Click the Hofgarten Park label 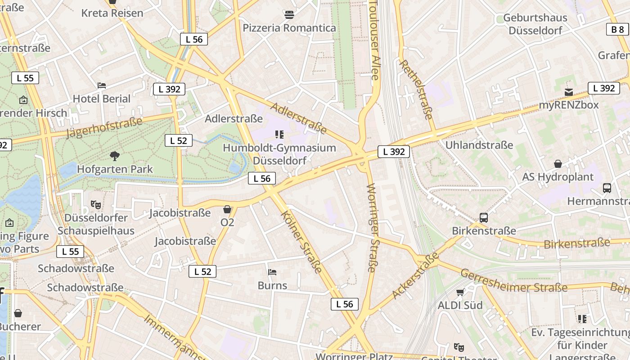tap(115, 169)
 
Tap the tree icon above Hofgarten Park tap(115, 156)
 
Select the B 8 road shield tap(617, 30)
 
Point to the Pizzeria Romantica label tap(289, 28)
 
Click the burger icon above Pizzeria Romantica tap(289, 15)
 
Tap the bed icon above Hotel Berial tap(102, 85)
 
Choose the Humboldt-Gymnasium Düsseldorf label tap(279, 154)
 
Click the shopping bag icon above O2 tap(227, 209)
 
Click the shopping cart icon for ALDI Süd tap(460, 292)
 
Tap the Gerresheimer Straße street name tap(513, 281)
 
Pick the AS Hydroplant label tap(558, 177)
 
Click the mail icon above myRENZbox tap(569, 92)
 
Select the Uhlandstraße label tap(479, 145)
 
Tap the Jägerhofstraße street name tap(104, 127)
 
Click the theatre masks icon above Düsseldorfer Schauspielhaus tap(96, 205)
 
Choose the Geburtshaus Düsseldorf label tap(535, 24)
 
